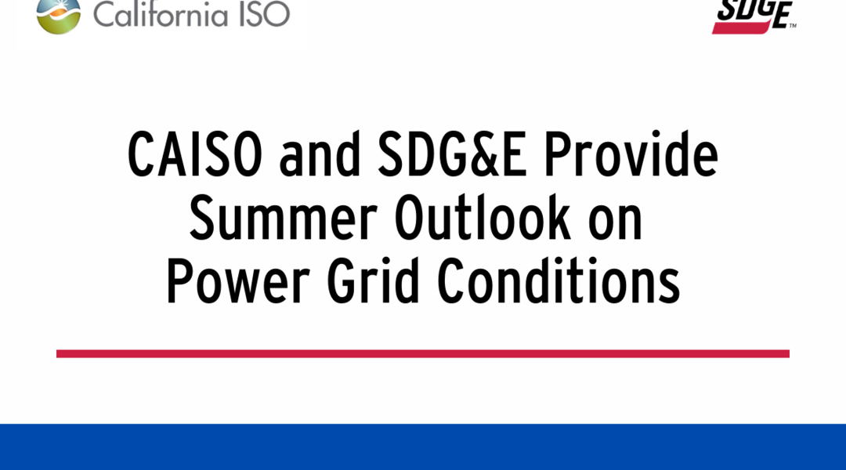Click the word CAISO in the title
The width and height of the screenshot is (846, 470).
[x=195, y=154]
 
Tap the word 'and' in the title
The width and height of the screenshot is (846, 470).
[x=320, y=154]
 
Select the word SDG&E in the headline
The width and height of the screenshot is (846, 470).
[x=452, y=154]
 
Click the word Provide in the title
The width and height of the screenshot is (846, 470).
[x=631, y=154]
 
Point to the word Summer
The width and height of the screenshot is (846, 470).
[x=284, y=218]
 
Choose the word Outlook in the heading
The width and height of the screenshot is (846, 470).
[x=483, y=218]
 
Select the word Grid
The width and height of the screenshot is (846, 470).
[x=373, y=280]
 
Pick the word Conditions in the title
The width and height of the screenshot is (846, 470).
[x=559, y=280]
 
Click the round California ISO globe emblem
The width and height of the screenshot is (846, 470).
[x=58, y=16]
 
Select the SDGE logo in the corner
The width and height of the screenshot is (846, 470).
[x=754, y=16]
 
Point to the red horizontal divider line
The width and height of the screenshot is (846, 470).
[x=423, y=353]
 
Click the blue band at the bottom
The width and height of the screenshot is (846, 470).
[x=423, y=446]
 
